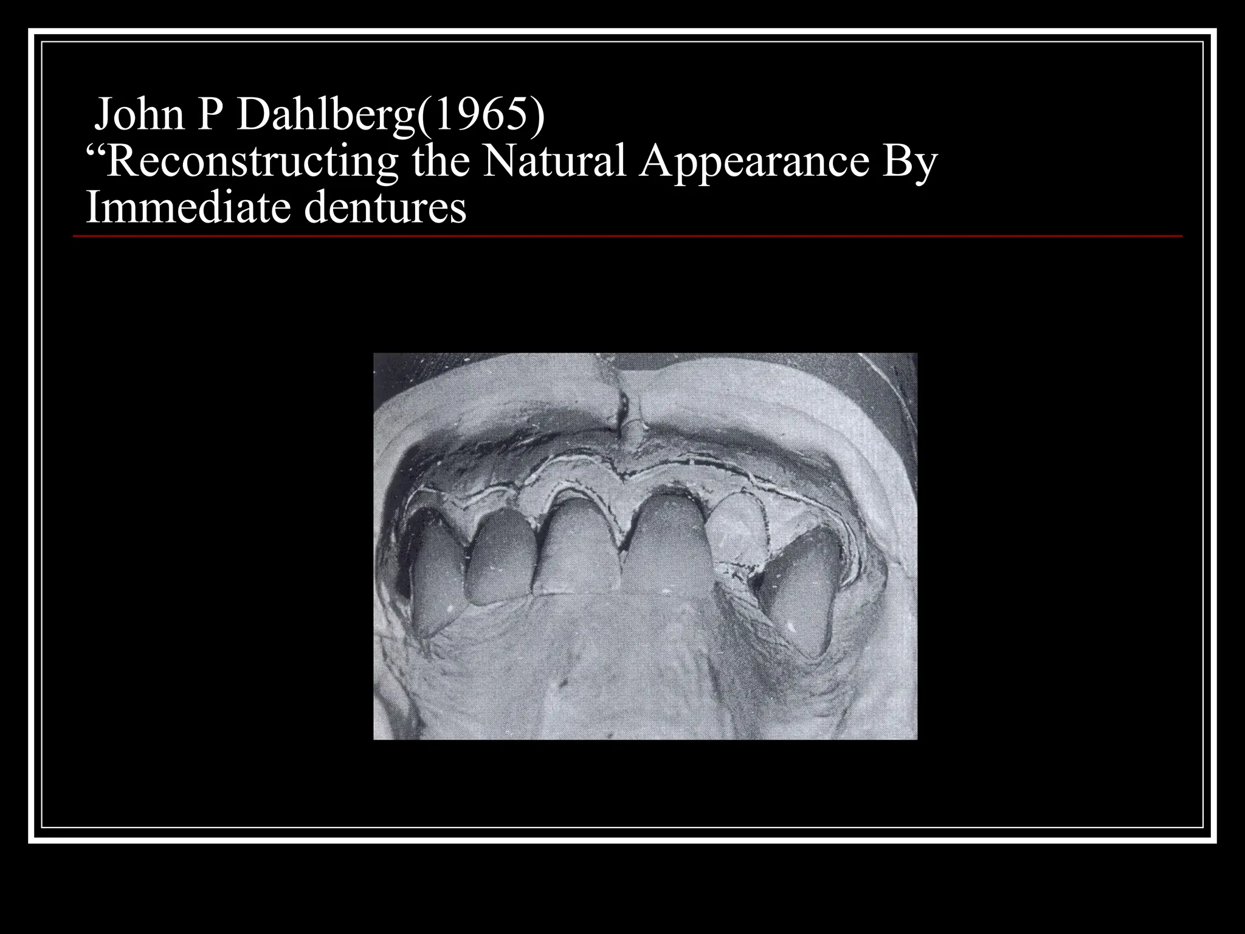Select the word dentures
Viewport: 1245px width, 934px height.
pos(385,207)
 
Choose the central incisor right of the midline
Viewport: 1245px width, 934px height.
pos(669,544)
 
